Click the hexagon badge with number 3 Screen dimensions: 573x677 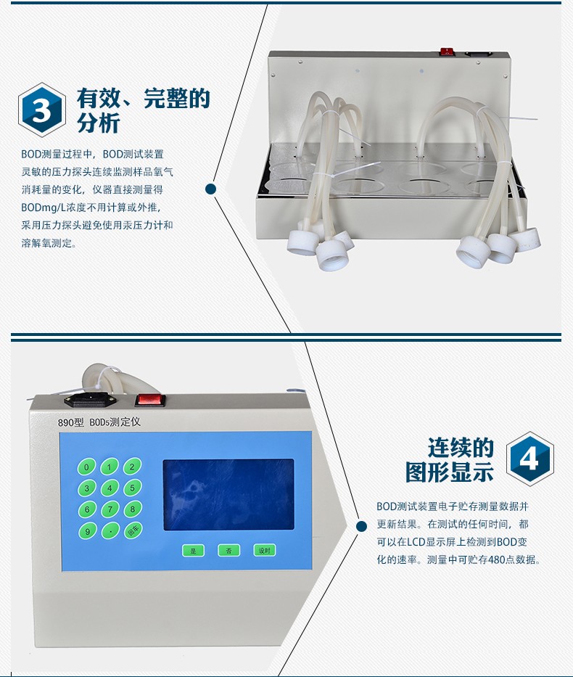click(x=42, y=110)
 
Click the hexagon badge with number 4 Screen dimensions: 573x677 click(x=530, y=459)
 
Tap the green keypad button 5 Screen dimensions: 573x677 click(x=132, y=488)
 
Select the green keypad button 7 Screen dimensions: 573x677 click(x=110, y=509)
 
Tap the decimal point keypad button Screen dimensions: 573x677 click(x=110, y=530)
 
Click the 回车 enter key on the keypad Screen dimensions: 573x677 click(x=133, y=530)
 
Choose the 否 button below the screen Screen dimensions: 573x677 click(x=228, y=551)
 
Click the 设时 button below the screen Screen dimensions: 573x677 click(x=264, y=551)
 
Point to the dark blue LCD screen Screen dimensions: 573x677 click(x=228, y=495)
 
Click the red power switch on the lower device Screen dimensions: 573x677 click(x=150, y=401)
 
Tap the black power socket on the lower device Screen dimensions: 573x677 click(x=92, y=401)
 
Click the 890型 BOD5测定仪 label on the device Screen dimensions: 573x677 click(x=99, y=422)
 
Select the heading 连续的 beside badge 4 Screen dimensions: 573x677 click(x=461, y=447)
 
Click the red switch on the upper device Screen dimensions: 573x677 click(x=447, y=52)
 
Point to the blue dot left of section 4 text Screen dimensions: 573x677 click(x=362, y=526)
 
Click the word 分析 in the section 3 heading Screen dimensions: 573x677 click(x=99, y=123)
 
